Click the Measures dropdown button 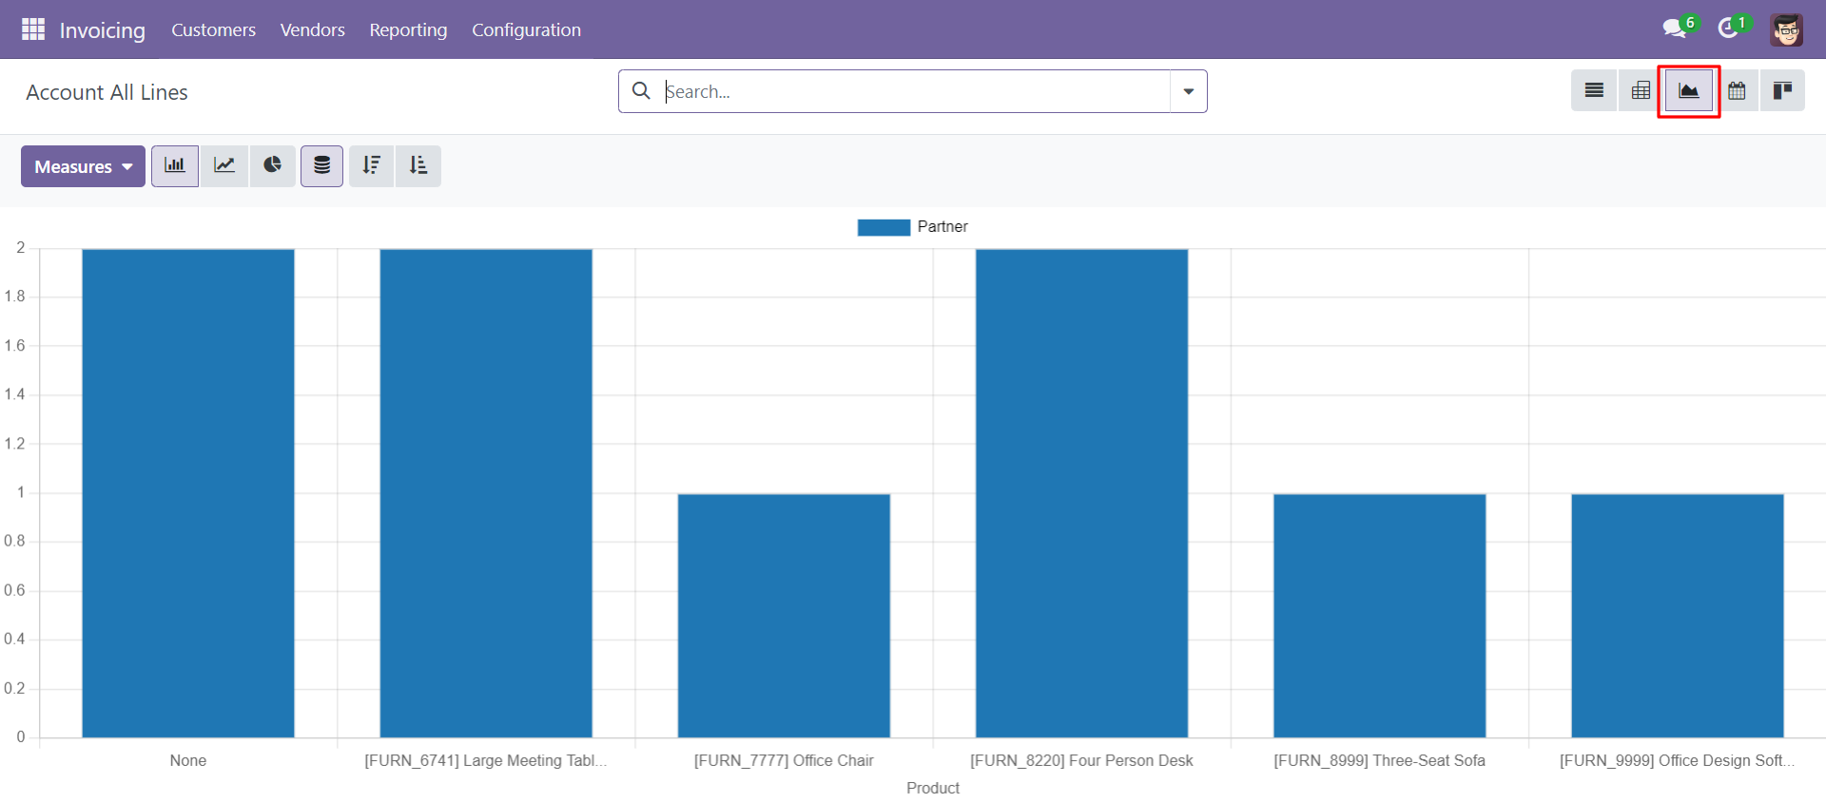pos(83,166)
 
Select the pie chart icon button pos(273,166)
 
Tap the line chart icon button pos(224,166)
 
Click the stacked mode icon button pos(322,166)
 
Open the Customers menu pos(213,29)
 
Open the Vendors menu pos(312,29)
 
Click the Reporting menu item pos(408,29)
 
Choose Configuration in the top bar pos(526,29)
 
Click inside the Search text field pos(913,91)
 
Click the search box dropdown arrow pos(1189,91)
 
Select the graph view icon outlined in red pos(1689,91)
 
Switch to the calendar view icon pos(1737,91)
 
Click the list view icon pos(1594,91)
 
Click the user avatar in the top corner pos(1787,29)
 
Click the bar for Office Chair pos(784,616)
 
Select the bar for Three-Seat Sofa pos(1380,616)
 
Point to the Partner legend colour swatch pos(884,227)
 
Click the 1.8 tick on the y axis pos(15,296)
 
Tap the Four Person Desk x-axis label pos(1081,760)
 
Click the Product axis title pos(933,788)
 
